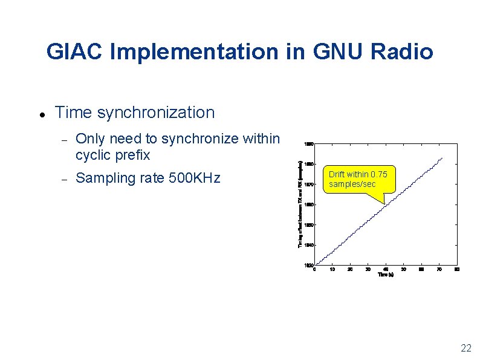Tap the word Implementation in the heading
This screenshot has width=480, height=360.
click(x=195, y=52)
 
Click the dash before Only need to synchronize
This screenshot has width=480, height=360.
click(x=63, y=139)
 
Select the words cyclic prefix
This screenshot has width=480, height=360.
click(x=112, y=155)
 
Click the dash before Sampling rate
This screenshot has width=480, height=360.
click(x=63, y=178)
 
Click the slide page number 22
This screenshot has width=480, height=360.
click(x=465, y=347)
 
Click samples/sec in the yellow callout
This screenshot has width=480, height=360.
click(x=352, y=183)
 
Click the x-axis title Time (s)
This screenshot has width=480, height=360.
click(x=385, y=275)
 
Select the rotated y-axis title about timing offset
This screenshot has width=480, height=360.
click(x=300, y=203)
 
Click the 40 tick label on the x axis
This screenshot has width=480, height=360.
click(x=386, y=269)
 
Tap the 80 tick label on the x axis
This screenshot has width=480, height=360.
click(x=457, y=269)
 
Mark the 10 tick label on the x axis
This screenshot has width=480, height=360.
click(x=332, y=269)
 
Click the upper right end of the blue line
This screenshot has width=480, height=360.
click(x=443, y=158)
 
